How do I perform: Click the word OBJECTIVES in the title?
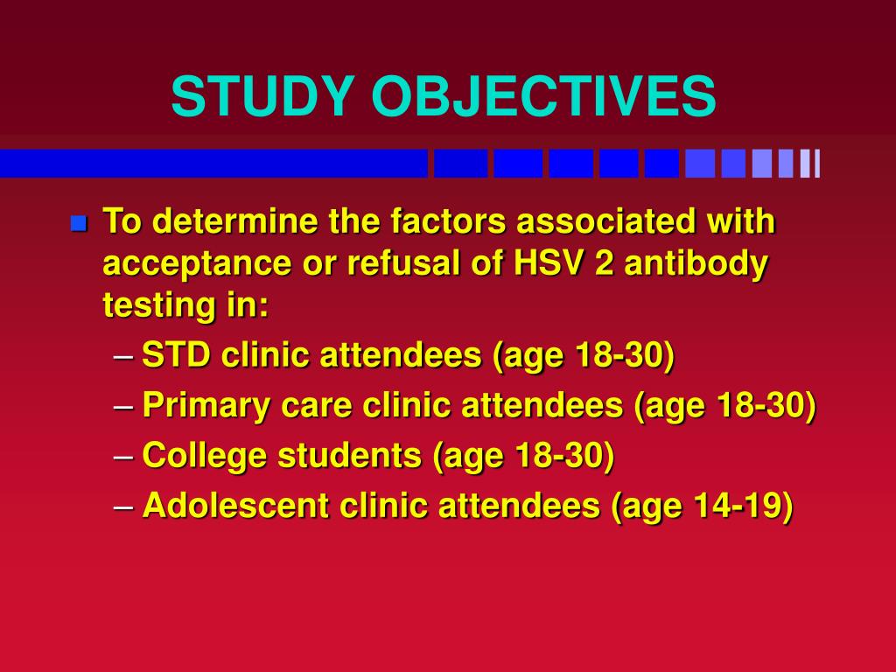tap(543, 96)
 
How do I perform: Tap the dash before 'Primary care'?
tap(124, 407)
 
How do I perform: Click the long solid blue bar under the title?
tap(213, 164)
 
